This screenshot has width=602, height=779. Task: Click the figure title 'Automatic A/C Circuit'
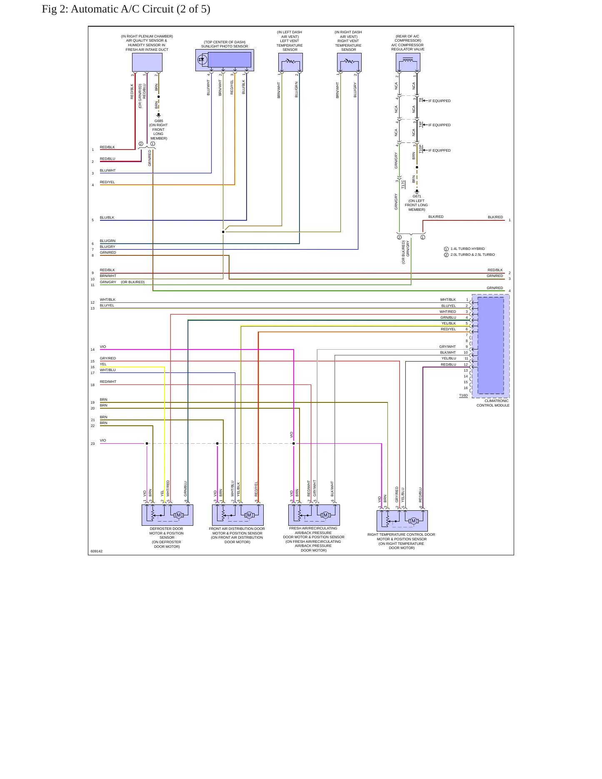(x=122, y=9)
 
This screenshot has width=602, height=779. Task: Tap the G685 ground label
(x=159, y=121)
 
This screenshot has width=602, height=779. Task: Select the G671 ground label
(x=417, y=196)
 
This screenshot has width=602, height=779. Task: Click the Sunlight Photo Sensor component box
(x=225, y=60)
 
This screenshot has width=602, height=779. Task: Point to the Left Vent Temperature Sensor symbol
(x=290, y=62)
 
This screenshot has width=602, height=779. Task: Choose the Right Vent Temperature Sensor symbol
(x=349, y=62)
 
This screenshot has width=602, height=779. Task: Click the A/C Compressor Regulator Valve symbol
(x=408, y=62)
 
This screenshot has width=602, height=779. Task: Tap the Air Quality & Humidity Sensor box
(x=147, y=62)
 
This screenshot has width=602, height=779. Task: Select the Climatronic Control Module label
(x=493, y=403)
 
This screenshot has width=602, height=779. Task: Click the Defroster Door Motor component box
(x=167, y=515)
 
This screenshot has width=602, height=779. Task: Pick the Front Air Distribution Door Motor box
(x=238, y=515)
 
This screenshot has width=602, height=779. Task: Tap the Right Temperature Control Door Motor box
(x=402, y=521)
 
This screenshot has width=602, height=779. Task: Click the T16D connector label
(x=463, y=395)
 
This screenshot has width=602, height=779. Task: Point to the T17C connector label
(x=403, y=184)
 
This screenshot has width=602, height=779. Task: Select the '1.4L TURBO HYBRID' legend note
(x=467, y=249)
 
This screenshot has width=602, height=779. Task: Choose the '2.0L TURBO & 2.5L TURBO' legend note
(x=472, y=255)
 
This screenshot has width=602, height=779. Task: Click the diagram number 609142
(x=97, y=551)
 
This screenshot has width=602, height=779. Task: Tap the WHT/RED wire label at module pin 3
(x=448, y=312)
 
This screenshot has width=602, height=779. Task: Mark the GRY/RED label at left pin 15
(x=108, y=358)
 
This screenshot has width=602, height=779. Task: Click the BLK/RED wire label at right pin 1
(x=495, y=217)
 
